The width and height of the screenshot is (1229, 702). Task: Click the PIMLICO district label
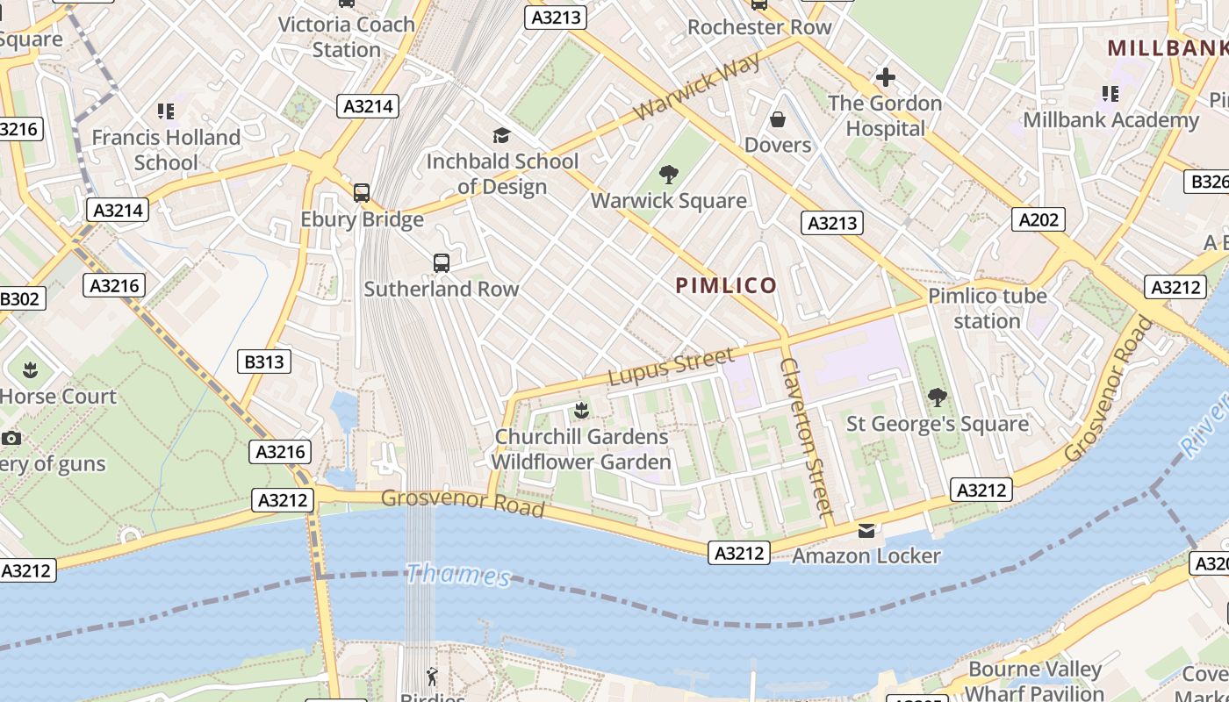click(726, 285)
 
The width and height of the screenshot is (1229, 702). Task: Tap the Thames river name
click(458, 576)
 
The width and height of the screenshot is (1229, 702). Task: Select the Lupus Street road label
click(671, 367)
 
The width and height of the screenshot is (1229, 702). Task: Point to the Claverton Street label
click(806, 436)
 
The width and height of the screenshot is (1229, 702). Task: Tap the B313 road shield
click(264, 361)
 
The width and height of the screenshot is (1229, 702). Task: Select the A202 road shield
click(1038, 219)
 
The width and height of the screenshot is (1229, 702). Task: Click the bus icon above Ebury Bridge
click(361, 193)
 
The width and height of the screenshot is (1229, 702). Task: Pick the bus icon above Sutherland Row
click(442, 262)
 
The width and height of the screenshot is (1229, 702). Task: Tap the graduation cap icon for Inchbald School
click(501, 135)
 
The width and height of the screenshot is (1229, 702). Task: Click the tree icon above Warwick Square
click(669, 174)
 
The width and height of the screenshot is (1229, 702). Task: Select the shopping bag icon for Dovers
click(778, 118)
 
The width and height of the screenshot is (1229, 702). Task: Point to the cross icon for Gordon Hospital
click(885, 77)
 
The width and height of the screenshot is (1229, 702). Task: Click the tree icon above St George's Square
click(937, 398)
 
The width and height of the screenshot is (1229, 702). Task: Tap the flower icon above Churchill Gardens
click(580, 410)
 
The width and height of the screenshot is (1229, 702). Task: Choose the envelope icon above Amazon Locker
click(866, 530)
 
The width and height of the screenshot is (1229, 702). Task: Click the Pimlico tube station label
click(988, 308)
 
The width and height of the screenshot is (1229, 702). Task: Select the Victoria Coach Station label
click(347, 37)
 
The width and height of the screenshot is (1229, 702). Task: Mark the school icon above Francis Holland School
click(166, 111)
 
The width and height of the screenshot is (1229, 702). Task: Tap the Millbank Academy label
click(1110, 119)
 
